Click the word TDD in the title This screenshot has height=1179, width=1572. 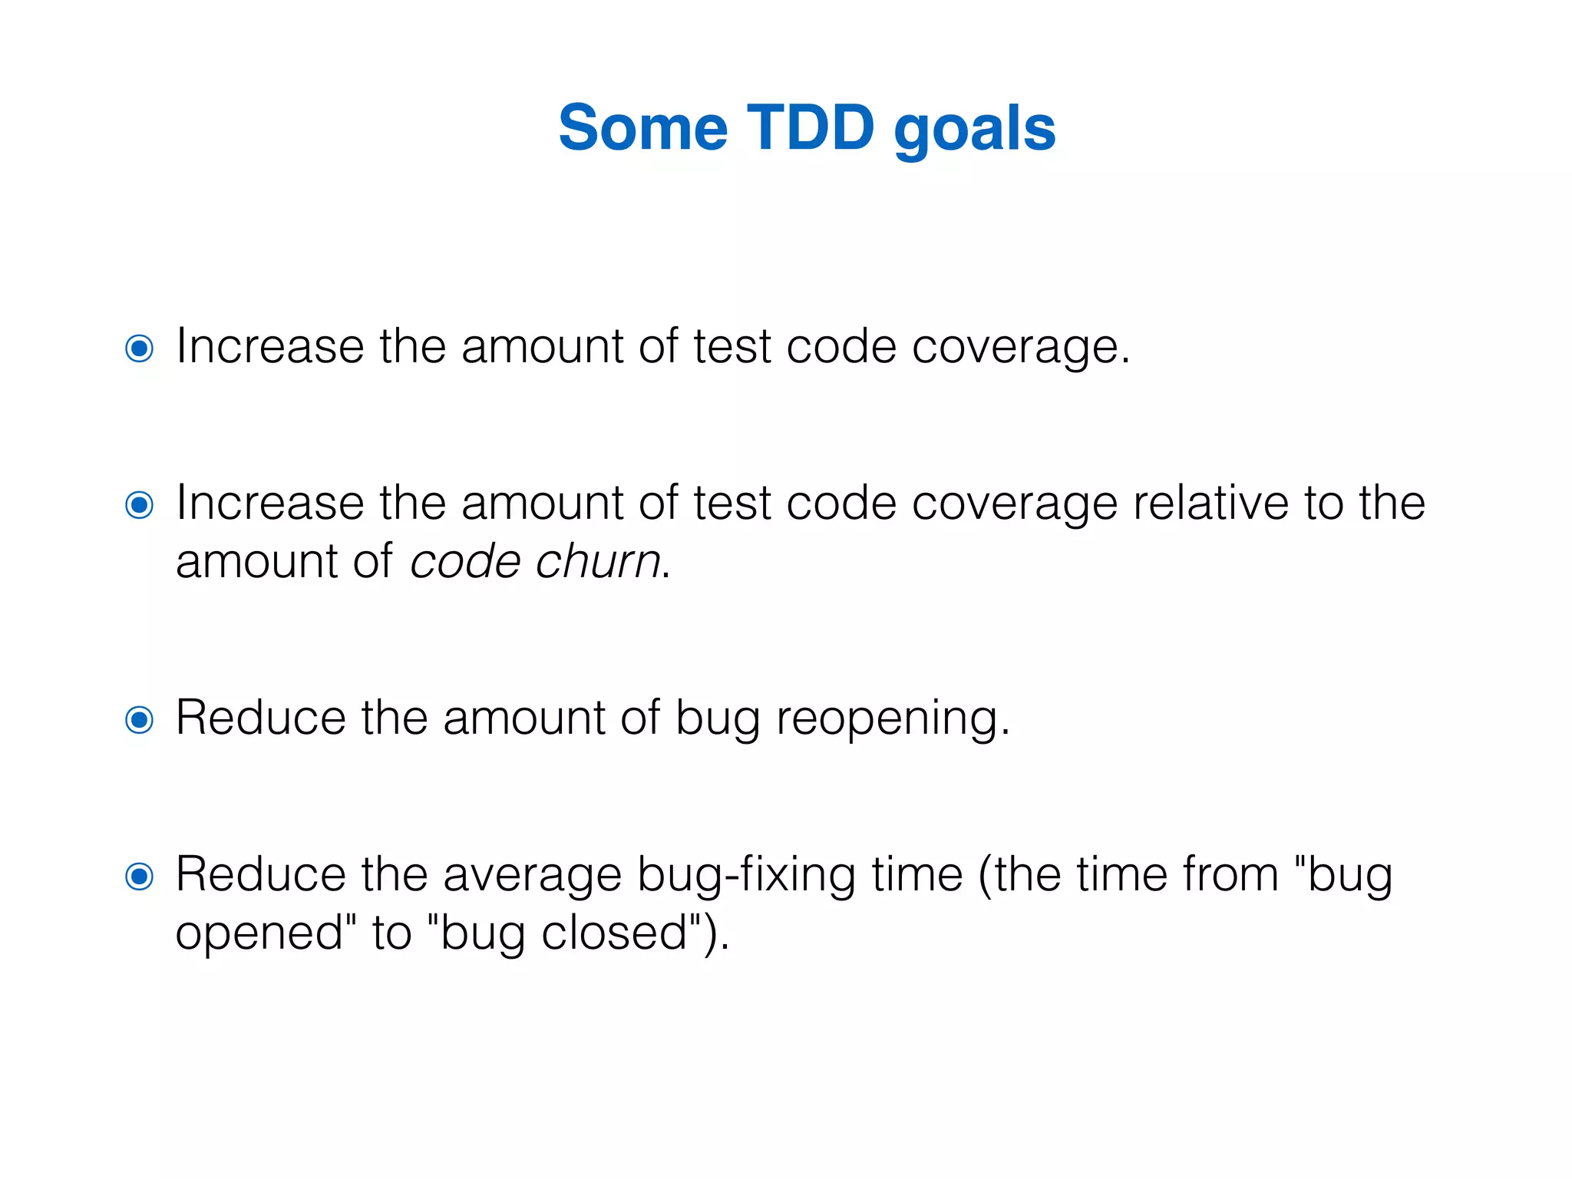click(811, 127)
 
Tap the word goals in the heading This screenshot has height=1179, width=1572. click(975, 130)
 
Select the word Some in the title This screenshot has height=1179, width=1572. click(642, 127)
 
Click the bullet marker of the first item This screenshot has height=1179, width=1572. click(139, 348)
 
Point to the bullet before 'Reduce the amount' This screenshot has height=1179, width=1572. click(139, 720)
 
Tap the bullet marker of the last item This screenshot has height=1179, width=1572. click(139, 876)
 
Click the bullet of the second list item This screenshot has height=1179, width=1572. click(139, 505)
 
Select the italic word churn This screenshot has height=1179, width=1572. click(598, 561)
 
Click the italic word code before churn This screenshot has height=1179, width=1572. click(465, 561)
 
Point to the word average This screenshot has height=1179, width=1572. click(532, 876)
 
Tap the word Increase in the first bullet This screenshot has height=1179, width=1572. click(269, 346)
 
